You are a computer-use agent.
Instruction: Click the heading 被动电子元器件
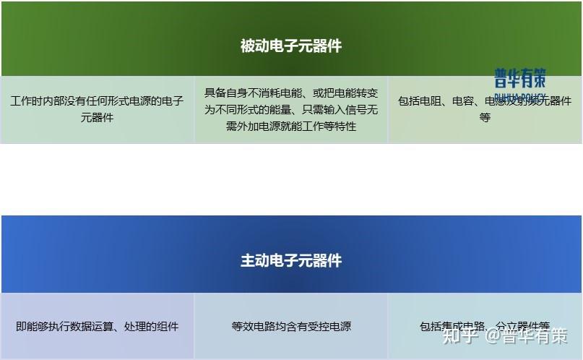click(291, 46)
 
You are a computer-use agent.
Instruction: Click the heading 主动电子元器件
click(291, 260)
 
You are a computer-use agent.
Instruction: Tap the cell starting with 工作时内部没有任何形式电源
click(97, 108)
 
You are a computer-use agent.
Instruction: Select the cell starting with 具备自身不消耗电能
click(291, 109)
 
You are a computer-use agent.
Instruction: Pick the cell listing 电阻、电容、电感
click(485, 108)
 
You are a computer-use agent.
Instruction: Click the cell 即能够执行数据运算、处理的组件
click(97, 326)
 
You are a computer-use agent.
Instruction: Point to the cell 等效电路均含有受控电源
click(291, 326)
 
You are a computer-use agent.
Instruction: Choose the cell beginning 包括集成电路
click(485, 326)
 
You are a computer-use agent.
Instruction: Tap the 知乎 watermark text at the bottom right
click(460, 335)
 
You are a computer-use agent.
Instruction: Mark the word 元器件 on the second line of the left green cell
click(97, 117)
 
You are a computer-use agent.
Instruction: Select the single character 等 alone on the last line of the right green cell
click(485, 117)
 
